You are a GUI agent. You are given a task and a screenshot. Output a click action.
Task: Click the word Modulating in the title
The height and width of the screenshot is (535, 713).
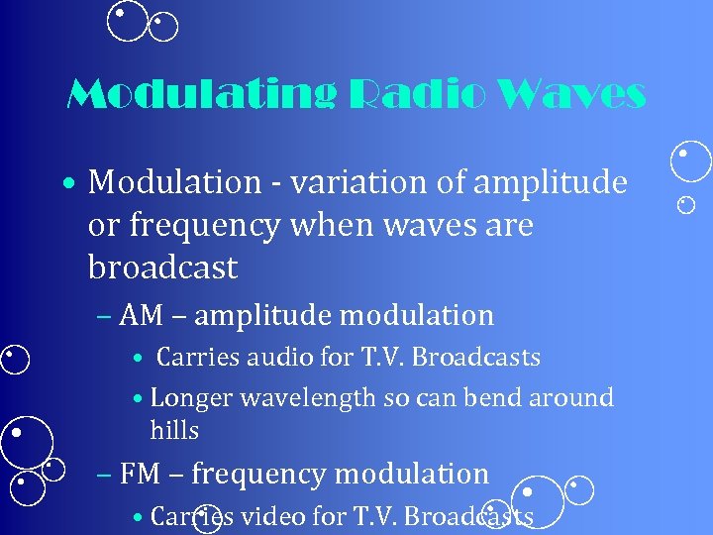pyautogui.click(x=197, y=96)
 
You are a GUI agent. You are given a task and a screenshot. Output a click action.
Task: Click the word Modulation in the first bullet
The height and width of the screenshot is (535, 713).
pyautogui.click(x=173, y=182)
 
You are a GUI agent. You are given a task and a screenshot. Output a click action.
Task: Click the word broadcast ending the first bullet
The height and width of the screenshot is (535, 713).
pyautogui.click(x=162, y=267)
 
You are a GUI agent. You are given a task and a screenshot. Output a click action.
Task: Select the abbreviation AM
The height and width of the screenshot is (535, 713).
pyautogui.click(x=139, y=316)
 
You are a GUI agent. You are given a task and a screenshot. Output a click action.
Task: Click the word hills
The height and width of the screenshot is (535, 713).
pyautogui.click(x=174, y=431)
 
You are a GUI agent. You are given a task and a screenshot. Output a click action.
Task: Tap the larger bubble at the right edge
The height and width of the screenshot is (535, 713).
pyautogui.click(x=690, y=162)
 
